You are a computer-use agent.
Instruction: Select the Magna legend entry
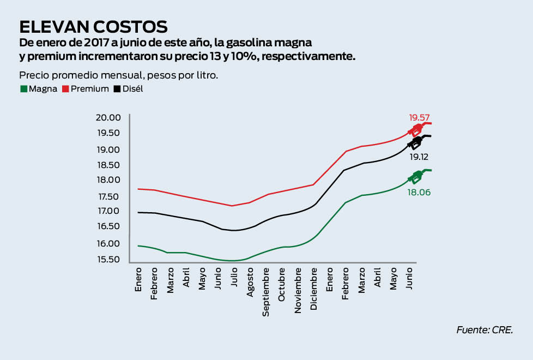[39, 88]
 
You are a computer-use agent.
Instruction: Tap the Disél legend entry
[129, 88]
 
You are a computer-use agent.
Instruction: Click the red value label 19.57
[420, 117]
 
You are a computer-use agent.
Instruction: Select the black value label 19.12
[419, 157]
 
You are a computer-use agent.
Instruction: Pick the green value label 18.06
[419, 192]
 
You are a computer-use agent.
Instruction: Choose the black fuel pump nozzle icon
[416, 143]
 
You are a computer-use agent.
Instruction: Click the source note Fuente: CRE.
[485, 329]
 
